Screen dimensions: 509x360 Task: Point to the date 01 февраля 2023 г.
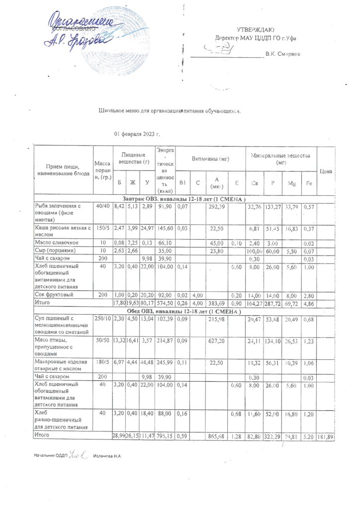click(137, 134)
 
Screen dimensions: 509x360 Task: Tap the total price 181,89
click(326, 435)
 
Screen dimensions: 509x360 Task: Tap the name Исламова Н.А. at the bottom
click(107, 455)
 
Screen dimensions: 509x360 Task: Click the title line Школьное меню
click(170, 111)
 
